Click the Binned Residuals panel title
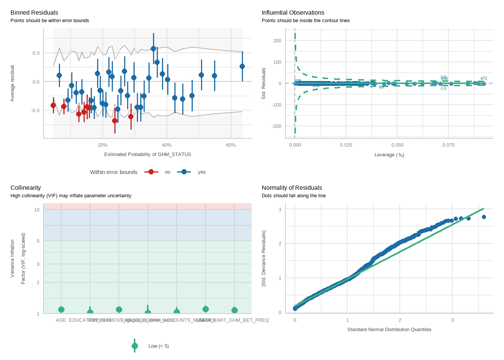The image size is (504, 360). (34, 13)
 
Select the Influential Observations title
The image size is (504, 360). (293, 13)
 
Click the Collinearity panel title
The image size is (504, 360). (25, 188)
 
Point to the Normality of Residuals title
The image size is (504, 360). (292, 188)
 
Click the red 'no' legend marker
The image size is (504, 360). (151, 172)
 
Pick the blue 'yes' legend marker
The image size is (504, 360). (184, 172)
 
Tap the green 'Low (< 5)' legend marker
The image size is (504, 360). (135, 346)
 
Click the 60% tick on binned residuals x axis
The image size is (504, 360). (231, 145)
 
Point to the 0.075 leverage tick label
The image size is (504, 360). (448, 145)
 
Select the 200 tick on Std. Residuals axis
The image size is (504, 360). (277, 41)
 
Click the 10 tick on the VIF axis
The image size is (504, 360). (37, 210)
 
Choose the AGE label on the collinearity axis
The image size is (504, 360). (61, 320)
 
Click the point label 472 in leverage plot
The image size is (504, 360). (484, 79)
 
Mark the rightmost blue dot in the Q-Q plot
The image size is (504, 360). (484, 217)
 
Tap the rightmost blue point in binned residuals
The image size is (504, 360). (242, 66)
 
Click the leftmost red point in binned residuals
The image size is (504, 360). (53, 105)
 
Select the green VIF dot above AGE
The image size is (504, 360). (61, 309)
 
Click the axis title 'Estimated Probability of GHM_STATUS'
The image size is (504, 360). (147, 154)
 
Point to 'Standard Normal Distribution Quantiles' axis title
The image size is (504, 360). (389, 330)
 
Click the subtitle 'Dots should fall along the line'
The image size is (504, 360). (294, 196)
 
